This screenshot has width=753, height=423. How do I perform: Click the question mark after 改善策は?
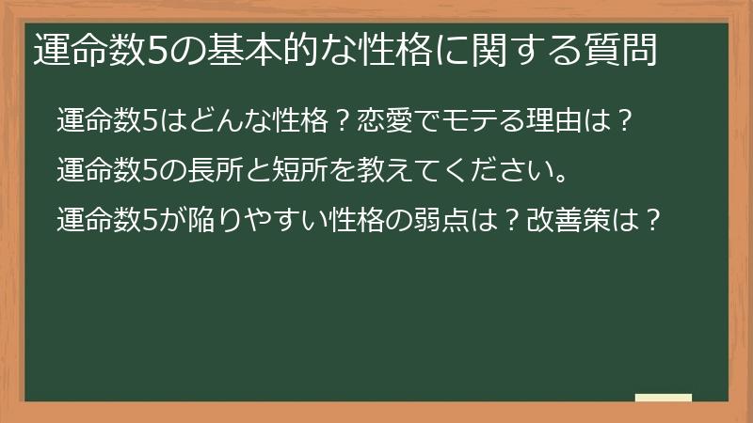pos(642,223)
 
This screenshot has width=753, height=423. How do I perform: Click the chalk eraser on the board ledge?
pos(664,398)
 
